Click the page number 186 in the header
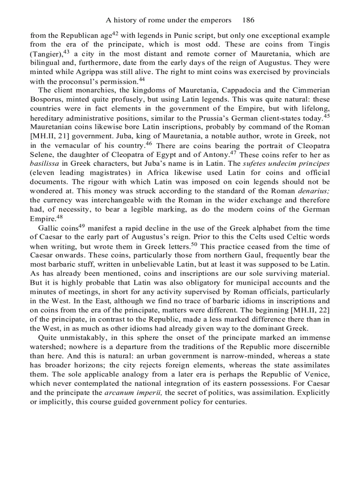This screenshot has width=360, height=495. click(248, 20)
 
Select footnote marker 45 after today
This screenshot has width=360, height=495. click(326, 116)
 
